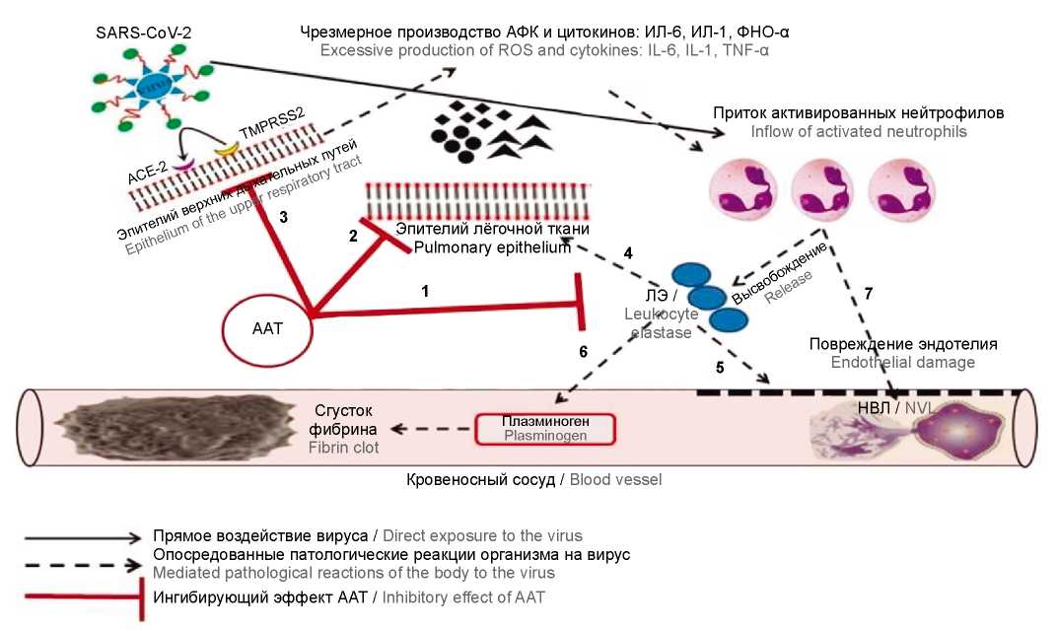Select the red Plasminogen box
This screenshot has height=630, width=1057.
[x=545, y=428]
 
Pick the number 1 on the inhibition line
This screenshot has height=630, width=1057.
[x=425, y=292]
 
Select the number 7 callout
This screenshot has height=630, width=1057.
[x=868, y=294]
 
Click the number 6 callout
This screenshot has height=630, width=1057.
[x=583, y=351]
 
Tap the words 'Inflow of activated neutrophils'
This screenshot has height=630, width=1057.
[x=858, y=131]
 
